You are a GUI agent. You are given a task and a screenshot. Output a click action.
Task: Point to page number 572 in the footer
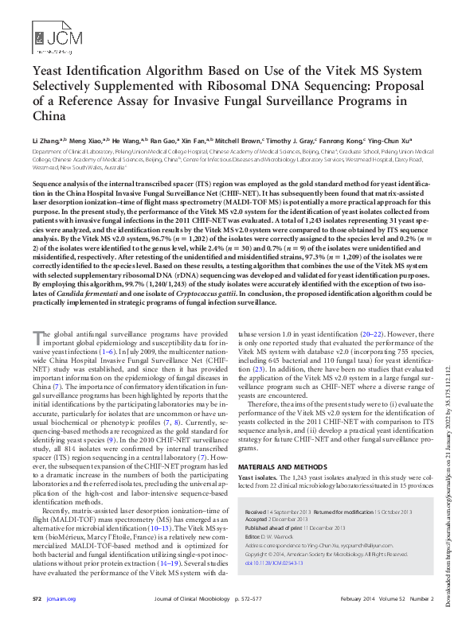pos(37,598)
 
